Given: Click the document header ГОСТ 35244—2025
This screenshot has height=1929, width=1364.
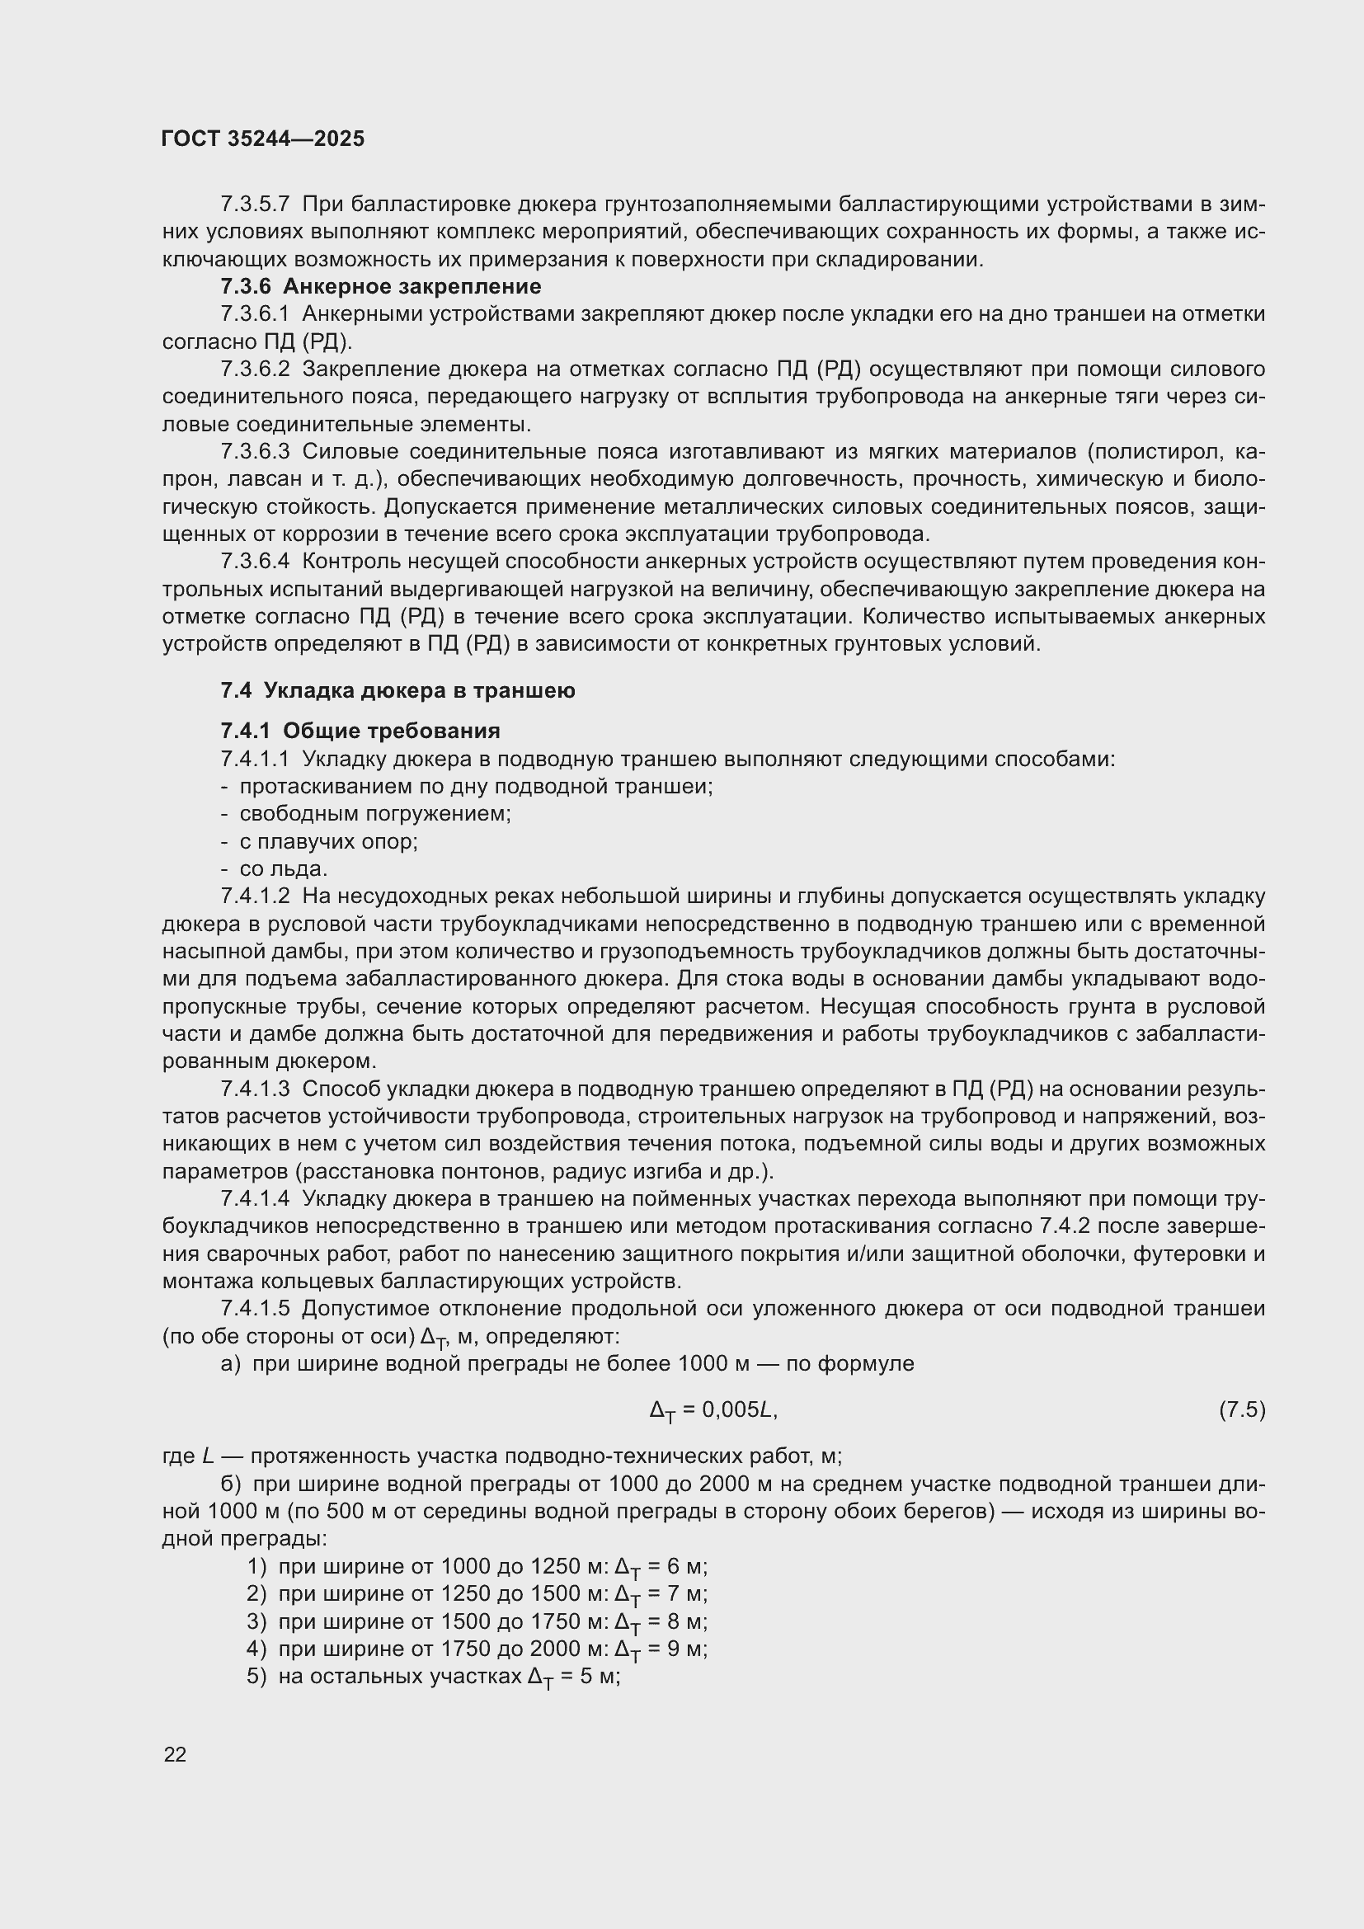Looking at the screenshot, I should tap(263, 139).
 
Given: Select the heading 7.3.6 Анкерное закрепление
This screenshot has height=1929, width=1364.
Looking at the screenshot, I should tap(380, 286).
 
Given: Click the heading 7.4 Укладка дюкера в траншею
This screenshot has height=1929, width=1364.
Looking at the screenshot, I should tap(397, 690).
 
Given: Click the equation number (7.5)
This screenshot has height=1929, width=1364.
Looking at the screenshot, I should tap(1241, 1409).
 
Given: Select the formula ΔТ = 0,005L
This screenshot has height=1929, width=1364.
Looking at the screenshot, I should tap(713, 1410).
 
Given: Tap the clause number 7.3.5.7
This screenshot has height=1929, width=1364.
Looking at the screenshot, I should tap(255, 205).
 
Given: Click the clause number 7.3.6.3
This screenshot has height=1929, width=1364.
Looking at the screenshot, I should tap(255, 452).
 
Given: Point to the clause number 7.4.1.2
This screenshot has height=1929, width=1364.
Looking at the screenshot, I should tap(255, 896).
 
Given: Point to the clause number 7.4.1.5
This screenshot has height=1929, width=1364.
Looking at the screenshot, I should tap(255, 1309).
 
